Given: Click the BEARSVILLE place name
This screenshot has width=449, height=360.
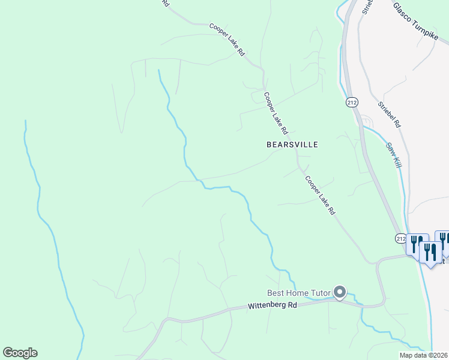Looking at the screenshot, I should [292, 145].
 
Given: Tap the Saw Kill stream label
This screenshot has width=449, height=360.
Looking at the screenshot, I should [393, 155].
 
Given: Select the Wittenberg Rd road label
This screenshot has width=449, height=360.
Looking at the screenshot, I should [273, 306].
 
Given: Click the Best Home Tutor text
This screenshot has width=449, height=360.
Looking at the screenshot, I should [299, 293].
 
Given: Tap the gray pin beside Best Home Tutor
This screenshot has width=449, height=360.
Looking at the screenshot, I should [340, 293].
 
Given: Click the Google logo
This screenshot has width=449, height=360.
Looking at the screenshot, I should [20, 353].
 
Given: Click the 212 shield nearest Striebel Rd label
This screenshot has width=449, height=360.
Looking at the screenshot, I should [352, 103].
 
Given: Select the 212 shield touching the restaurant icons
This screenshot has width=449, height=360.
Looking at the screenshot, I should [401, 238].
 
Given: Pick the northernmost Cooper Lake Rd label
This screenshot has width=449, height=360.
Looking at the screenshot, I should [228, 40].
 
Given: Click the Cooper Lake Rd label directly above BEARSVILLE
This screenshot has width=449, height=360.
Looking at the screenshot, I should [276, 113].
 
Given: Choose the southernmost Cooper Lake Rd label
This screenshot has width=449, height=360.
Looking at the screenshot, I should [320, 196].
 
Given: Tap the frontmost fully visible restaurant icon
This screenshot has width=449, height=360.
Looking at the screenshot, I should [430, 253].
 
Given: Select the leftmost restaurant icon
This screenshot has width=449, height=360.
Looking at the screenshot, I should [415, 244].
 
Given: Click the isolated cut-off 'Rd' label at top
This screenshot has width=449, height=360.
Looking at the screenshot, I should [166, 3].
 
